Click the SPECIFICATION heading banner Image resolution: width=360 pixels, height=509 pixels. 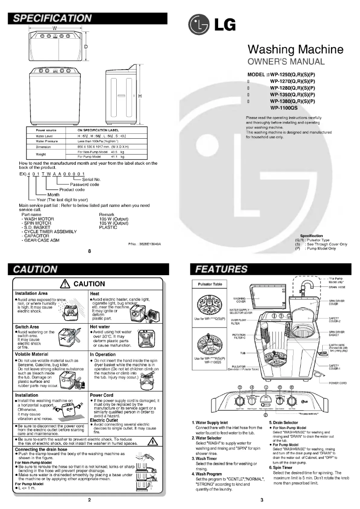(53, 18)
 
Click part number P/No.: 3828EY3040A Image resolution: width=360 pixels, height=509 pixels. (144, 244)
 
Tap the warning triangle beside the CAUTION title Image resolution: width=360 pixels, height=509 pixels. (66, 284)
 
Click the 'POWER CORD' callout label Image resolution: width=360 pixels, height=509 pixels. (338, 383)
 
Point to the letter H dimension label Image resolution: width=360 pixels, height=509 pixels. (140, 97)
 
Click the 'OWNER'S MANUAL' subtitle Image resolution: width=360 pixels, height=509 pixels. (286, 61)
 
